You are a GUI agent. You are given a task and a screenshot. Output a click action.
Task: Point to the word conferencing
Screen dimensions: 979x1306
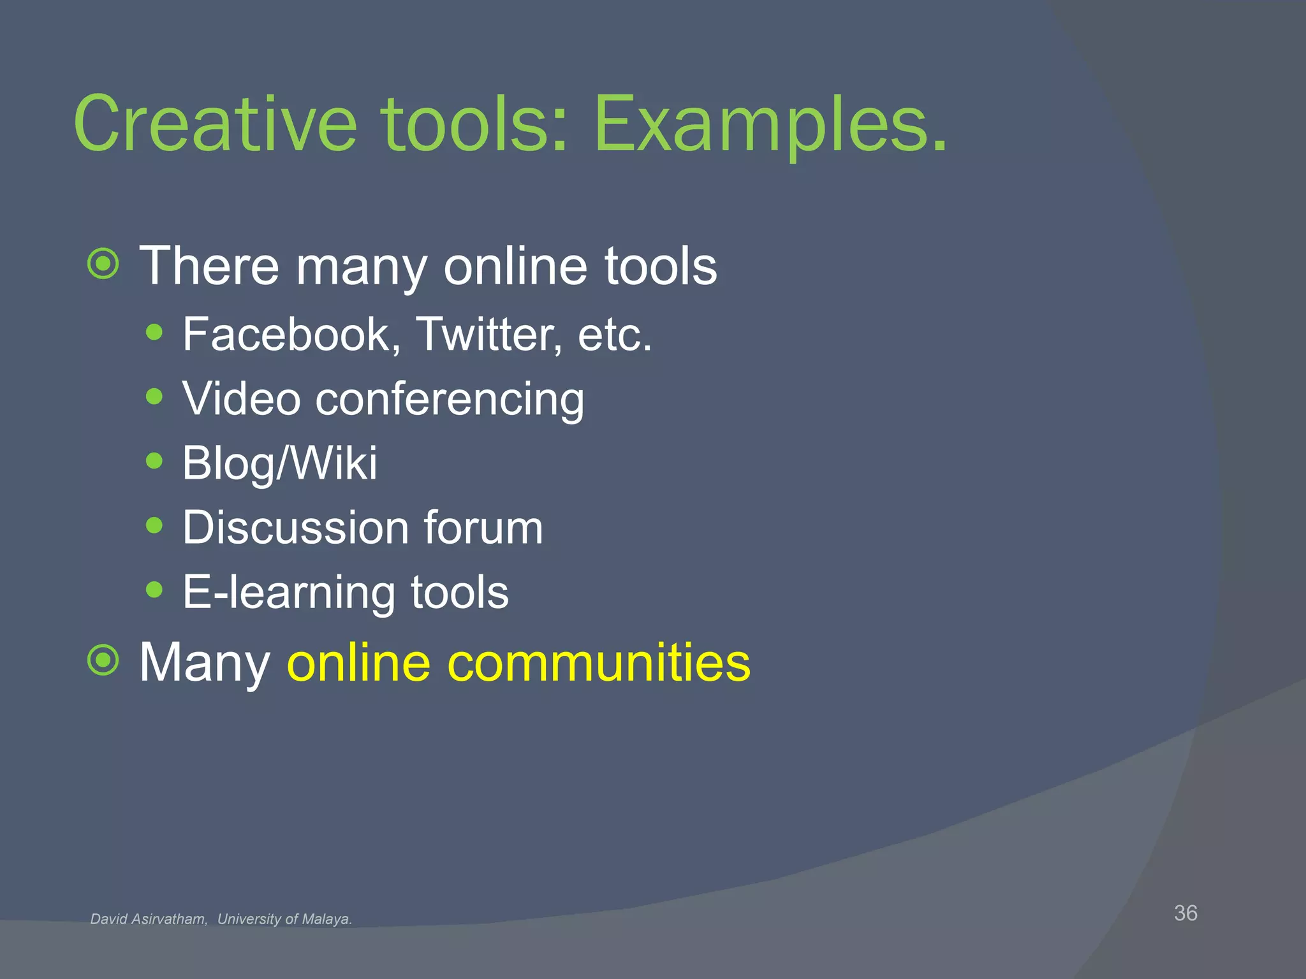(x=450, y=400)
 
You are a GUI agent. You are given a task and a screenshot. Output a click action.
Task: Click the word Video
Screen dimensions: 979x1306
(x=241, y=399)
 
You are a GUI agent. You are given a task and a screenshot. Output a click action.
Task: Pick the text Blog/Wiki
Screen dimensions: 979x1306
(x=279, y=463)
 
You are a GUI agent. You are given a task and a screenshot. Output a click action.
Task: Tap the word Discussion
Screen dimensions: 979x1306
(x=295, y=528)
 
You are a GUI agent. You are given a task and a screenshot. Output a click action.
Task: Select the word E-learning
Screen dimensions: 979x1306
(x=289, y=592)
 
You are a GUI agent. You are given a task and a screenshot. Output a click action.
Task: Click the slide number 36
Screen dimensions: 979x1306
(x=1185, y=913)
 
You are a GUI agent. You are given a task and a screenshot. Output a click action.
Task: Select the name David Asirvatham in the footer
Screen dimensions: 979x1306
(x=149, y=919)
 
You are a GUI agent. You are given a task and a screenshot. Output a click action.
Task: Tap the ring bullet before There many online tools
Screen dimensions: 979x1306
(x=103, y=263)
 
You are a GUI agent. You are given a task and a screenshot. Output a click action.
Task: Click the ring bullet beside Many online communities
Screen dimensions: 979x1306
(x=103, y=660)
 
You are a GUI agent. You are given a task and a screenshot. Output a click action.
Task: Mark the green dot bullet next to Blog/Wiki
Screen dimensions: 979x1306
(x=154, y=461)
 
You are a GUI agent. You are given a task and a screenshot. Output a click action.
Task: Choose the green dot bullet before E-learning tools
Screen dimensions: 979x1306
(x=154, y=589)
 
